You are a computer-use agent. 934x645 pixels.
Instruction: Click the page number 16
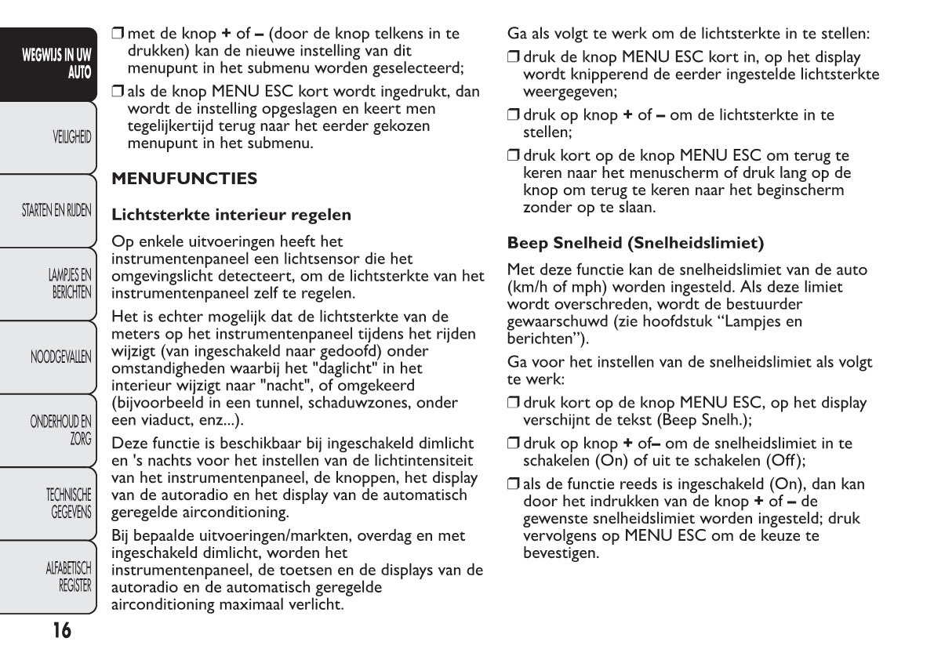[x=61, y=629]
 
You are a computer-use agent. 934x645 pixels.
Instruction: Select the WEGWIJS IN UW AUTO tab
[x=56, y=63]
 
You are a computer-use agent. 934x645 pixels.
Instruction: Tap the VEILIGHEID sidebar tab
[x=71, y=137]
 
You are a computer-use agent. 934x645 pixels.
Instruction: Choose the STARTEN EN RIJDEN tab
[x=56, y=210]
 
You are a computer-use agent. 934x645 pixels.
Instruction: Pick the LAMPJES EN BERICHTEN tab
[x=70, y=283]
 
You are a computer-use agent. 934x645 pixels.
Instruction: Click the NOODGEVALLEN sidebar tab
[x=61, y=357]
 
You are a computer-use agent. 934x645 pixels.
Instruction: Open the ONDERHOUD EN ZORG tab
[x=61, y=429]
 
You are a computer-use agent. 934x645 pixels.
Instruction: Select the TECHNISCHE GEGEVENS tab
[x=69, y=503]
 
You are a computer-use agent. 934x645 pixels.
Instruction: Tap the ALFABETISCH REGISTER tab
[x=69, y=576]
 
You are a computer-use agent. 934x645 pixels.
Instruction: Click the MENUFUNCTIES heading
[x=184, y=179]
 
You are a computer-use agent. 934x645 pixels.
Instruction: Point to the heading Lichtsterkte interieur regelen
[x=231, y=214]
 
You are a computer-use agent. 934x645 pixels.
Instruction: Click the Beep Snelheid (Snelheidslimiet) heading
[x=635, y=242]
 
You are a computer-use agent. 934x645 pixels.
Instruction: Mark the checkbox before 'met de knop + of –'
[x=118, y=34]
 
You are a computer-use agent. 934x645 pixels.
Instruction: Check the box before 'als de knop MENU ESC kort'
[x=118, y=92]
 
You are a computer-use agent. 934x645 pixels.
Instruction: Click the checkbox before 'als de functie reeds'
[x=514, y=484]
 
